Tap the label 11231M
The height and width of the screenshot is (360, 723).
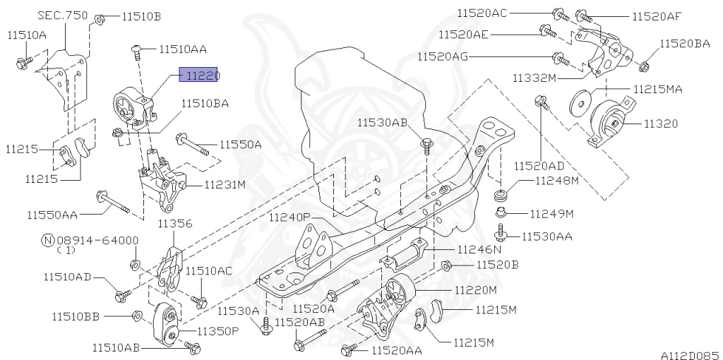point(225,186)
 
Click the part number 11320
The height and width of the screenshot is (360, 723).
point(660,124)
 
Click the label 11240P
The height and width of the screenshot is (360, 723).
point(289,217)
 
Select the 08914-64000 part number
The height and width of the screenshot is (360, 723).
point(97,240)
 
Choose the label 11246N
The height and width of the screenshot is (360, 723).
point(479,249)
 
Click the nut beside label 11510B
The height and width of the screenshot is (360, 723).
point(100,16)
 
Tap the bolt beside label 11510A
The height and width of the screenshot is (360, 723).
point(21,62)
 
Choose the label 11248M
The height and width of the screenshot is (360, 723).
point(556,181)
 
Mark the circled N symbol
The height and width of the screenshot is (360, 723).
point(47,240)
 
